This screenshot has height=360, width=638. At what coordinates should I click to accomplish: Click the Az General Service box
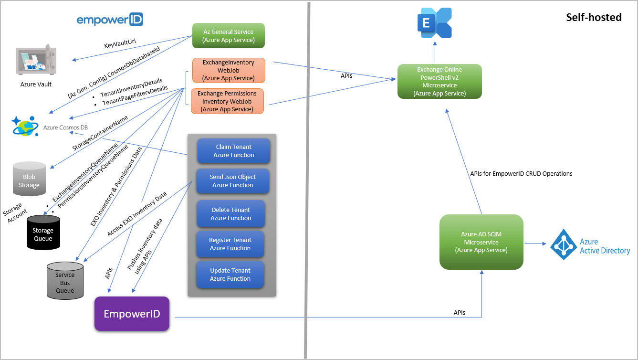(x=229, y=36)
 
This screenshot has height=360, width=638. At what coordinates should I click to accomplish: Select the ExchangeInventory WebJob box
(x=228, y=70)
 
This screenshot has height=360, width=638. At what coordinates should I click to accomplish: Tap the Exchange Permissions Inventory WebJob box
(x=227, y=101)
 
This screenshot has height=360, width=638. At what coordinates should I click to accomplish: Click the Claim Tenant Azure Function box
(x=234, y=151)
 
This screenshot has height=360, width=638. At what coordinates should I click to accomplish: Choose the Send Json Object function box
(x=232, y=181)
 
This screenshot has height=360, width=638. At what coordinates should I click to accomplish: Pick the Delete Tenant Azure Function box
(x=231, y=214)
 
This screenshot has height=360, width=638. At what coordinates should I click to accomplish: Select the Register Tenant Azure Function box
(x=230, y=244)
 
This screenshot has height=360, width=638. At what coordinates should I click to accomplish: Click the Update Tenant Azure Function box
(x=230, y=275)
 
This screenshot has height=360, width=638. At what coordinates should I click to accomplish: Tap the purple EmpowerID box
(x=132, y=314)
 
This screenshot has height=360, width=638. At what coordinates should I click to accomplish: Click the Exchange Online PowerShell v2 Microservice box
(x=439, y=82)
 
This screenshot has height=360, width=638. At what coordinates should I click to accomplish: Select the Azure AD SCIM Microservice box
(x=481, y=242)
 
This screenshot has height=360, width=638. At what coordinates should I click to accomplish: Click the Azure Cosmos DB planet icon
(x=25, y=127)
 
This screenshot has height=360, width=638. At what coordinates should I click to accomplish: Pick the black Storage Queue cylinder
(x=43, y=232)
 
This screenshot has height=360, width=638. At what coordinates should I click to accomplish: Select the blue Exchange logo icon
(x=435, y=23)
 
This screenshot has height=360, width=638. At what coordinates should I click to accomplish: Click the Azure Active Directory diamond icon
(x=564, y=244)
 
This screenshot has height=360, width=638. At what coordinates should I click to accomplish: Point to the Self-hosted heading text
(x=594, y=17)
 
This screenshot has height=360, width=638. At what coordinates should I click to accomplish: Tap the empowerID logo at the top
(x=110, y=20)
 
